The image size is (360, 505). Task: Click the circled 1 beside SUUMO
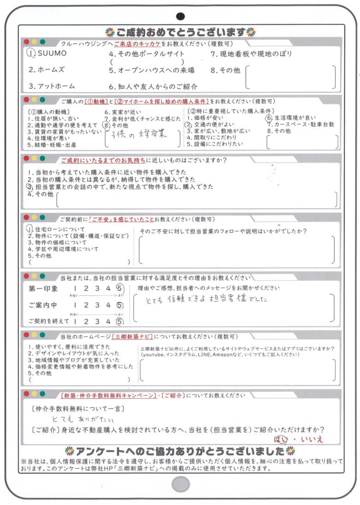(x=31, y=54)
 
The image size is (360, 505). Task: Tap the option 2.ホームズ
(x=47, y=70)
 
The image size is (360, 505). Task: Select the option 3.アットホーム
(x=51, y=86)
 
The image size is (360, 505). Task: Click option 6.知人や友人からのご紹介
(x=153, y=86)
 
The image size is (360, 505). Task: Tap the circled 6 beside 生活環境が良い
(x=269, y=118)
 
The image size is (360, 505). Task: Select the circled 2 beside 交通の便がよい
(x=188, y=125)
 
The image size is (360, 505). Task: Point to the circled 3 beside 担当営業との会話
(x=29, y=186)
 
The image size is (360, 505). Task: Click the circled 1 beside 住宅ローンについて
(x=30, y=228)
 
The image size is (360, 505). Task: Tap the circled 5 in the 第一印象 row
(x=120, y=289)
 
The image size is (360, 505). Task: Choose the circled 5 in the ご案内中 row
(x=120, y=305)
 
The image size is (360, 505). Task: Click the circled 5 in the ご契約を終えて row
(x=120, y=321)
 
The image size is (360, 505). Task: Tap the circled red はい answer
(x=280, y=439)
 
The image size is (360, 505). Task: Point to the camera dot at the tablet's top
(x=180, y=16)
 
